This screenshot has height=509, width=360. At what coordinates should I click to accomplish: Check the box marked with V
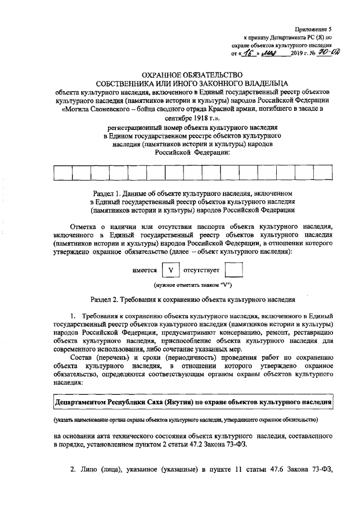(x=170, y=270)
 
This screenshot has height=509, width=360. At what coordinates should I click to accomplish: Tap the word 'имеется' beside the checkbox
(x=145, y=270)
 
